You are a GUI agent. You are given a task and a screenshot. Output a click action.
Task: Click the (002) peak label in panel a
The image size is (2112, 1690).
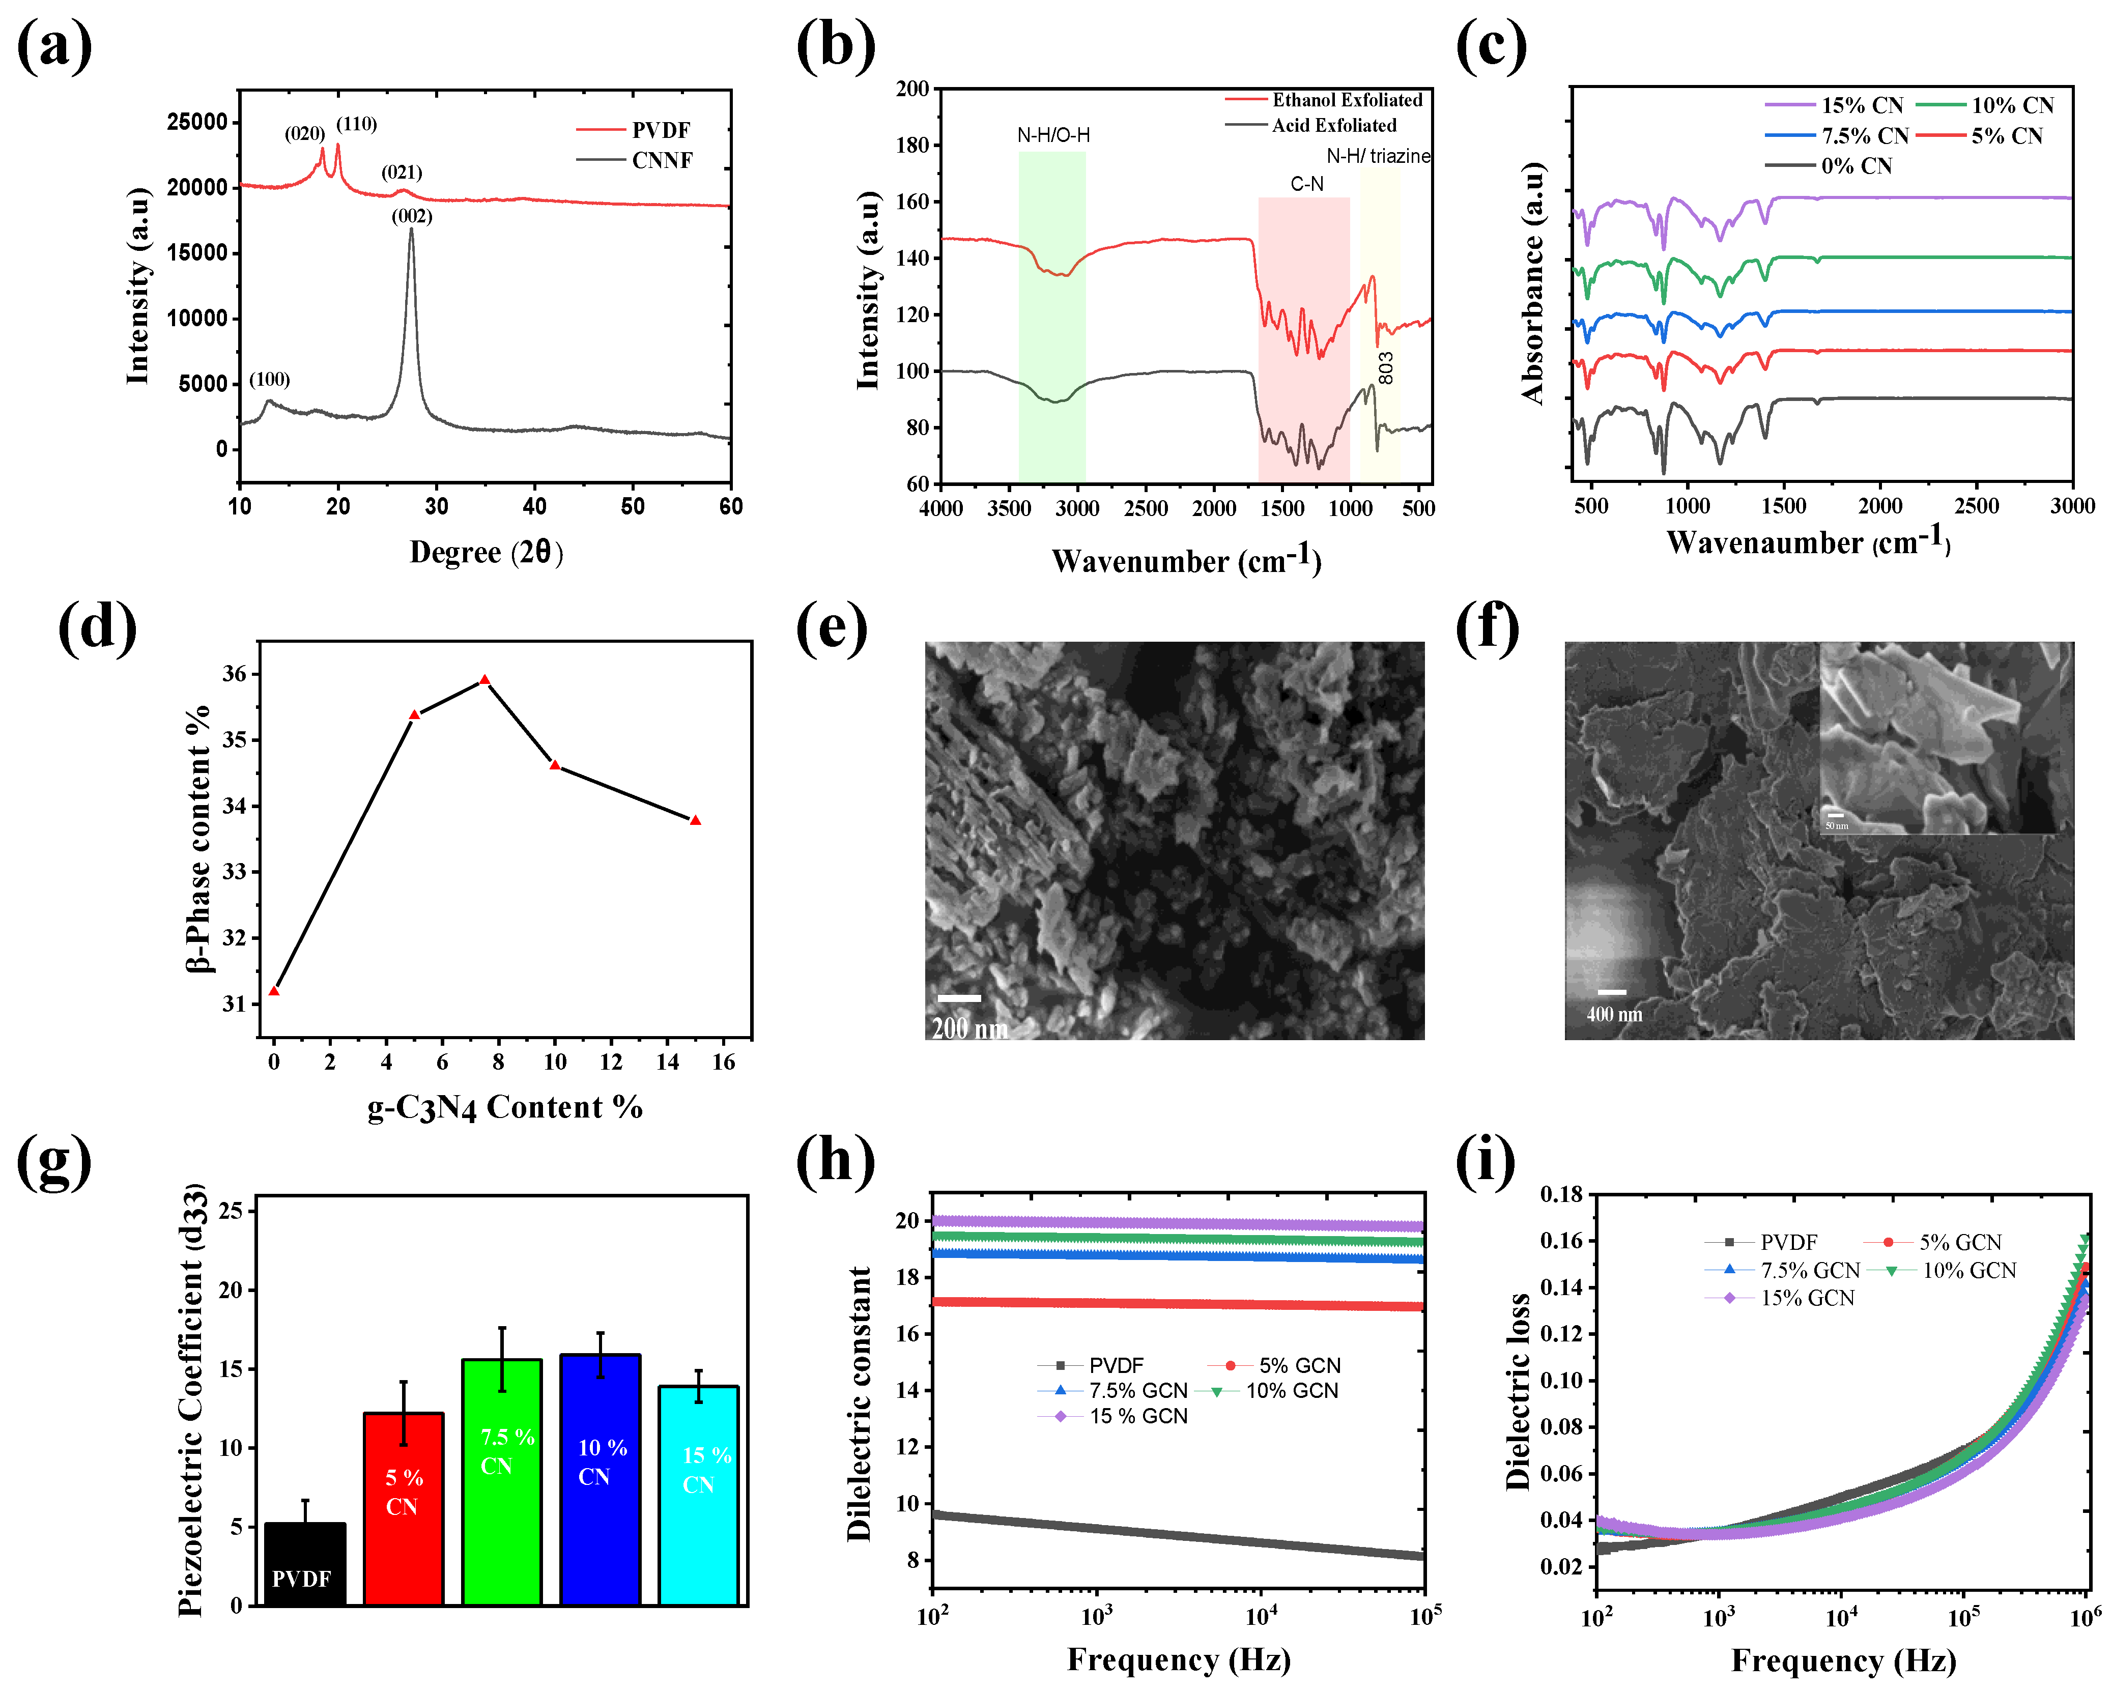pos(411,216)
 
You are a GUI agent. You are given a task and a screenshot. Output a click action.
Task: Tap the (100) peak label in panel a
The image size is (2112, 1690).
pos(269,379)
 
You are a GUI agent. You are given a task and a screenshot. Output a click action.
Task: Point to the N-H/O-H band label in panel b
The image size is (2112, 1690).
pos(1053,135)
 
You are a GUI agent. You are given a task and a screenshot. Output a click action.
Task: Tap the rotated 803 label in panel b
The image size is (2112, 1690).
pos(1385,368)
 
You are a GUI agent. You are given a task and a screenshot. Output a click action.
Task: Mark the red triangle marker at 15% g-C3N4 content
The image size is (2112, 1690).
pos(696,820)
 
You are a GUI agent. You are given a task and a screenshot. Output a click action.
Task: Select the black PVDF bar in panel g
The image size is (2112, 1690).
pos(305,1563)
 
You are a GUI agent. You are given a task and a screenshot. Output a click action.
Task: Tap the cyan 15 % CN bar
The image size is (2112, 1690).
pos(698,1494)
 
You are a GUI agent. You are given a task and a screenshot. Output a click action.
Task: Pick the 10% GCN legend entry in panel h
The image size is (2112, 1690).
pos(1291,1390)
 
